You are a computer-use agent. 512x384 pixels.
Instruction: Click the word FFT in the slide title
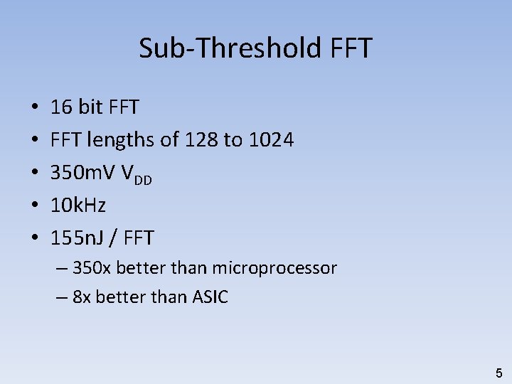click(351, 48)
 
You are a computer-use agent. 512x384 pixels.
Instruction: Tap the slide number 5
click(498, 373)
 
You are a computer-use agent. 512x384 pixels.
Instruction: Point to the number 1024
click(271, 140)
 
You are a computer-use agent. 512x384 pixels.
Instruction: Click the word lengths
click(121, 140)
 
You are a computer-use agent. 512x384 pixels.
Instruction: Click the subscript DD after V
click(143, 179)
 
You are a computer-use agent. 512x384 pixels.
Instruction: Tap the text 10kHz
click(78, 206)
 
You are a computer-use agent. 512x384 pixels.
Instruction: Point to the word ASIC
click(210, 297)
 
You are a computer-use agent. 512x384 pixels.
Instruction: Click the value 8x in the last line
click(82, 297)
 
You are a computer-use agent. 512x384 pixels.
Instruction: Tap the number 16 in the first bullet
click(61, 107)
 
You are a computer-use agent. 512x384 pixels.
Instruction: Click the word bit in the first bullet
click(90, 107)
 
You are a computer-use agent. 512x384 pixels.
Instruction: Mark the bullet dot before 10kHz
click(35, 206)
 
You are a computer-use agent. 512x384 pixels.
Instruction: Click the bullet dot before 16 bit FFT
click(35, 108)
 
